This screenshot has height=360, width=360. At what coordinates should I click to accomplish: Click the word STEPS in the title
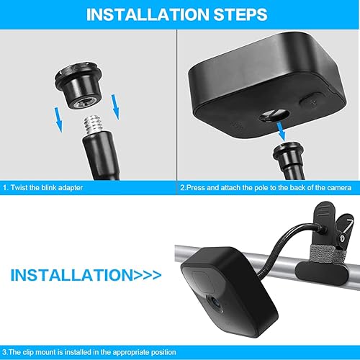pos(240,14)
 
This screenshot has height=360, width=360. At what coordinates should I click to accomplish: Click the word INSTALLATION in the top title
pos(148,14)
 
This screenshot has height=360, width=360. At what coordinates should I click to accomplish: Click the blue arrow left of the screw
pos(58,120)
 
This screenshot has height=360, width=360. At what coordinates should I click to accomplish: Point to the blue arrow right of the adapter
pos(115,107)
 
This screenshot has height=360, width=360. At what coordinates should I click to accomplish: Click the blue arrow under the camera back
pos(281,131)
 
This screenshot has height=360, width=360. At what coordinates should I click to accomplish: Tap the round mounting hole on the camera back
pos(274,115)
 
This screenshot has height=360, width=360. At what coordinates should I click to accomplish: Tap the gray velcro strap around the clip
pos(323,254)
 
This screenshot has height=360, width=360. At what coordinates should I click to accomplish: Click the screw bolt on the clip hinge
pos(343,238)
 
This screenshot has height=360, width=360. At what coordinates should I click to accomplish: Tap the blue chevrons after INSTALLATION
pos(148,275)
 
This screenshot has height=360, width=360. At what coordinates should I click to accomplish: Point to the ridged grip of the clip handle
pos(323,211)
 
